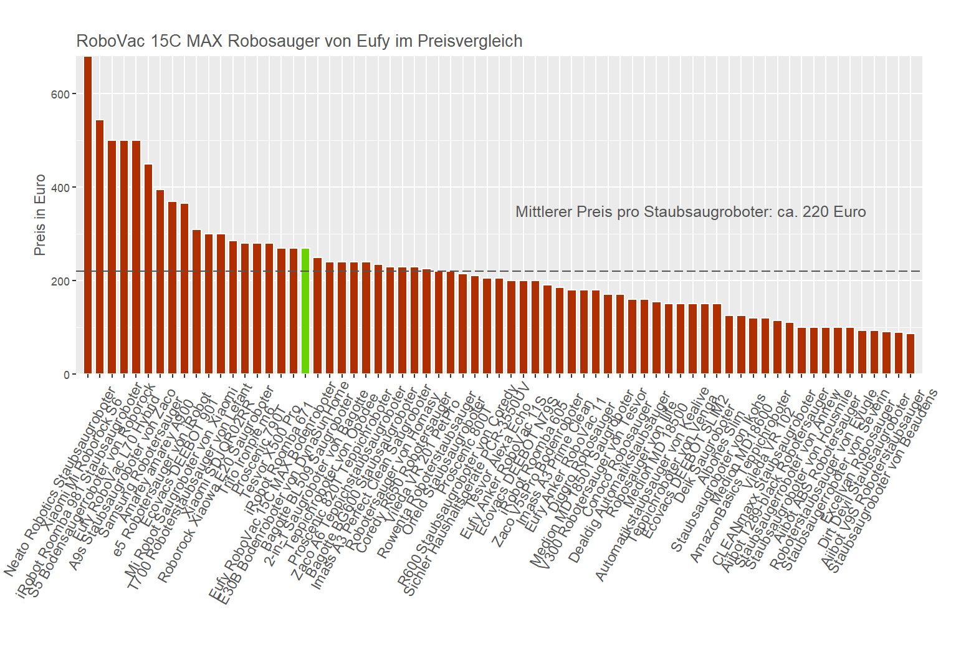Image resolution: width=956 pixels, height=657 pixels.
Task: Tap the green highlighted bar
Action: tap(305, 311)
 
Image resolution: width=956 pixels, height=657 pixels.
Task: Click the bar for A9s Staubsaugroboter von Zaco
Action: tap(148, 269)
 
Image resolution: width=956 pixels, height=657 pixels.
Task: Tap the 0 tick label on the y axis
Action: tap(67, 375)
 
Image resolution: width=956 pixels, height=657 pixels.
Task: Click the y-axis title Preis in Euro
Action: tap(40, 215)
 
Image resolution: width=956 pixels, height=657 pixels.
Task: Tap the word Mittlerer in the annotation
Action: tap(543, 212)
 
